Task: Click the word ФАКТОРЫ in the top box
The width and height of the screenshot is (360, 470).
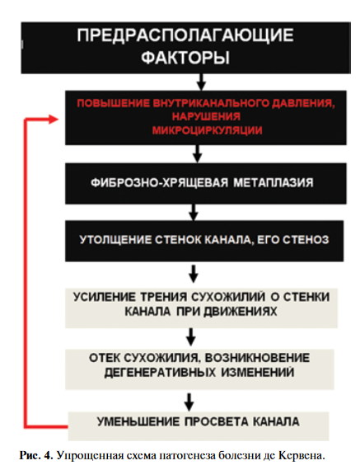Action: tap(185, 57)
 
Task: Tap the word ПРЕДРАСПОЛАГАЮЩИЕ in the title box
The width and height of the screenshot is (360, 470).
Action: tap(185, 35)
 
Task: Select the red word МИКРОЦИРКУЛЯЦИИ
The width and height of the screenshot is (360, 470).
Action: tap(208, 130)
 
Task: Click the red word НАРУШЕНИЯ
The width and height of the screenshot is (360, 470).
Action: tap(206, 116)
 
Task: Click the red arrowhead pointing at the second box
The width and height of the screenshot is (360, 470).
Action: tap(54, 120)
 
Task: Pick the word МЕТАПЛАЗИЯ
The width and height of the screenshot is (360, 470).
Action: tap(274, 182)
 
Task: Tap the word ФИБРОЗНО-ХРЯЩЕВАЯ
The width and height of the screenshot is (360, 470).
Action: tap(159, 182)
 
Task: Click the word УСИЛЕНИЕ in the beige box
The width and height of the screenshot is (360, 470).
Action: tap(105, 297)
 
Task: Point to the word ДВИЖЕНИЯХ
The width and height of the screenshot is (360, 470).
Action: tap(241, 312)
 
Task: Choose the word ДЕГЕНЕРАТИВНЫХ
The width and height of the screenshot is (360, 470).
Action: tap(160, 373)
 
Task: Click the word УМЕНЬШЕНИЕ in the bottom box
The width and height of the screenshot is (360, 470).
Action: tap(138, 421)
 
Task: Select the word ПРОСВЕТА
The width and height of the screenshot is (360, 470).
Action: tap(216, 421)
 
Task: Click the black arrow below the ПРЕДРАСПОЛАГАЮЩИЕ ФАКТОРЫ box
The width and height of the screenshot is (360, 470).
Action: tap(201, 82)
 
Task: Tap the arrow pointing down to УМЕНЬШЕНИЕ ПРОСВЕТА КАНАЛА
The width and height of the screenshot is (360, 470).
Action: tap(189, 402)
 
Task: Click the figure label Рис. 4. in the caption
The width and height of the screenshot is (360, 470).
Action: tap(36, 456)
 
